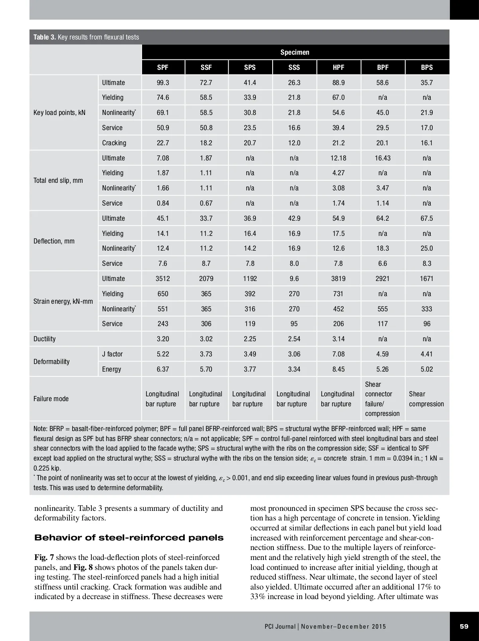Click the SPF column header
163,67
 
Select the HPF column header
338,67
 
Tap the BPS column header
427,67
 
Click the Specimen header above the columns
295,52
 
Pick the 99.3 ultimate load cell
163,83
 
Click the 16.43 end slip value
382,158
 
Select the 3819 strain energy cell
338,279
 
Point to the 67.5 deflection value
427,218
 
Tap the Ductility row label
45,339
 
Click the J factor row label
113,354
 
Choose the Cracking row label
114,143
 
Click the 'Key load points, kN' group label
59,113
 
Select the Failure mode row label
51,399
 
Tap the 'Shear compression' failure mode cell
426,399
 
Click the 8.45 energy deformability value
338,369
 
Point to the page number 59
464,626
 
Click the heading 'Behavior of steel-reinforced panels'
129,538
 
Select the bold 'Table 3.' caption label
45,37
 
